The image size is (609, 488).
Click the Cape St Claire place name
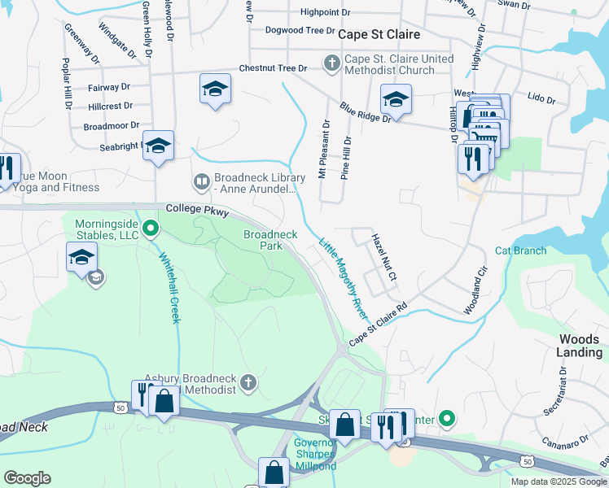coord(379,34)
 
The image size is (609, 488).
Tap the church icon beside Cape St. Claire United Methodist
coord(331,63)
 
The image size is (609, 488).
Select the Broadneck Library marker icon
coord(201,180)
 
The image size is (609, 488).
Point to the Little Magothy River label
coord(343,279)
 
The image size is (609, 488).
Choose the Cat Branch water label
coord(520,251)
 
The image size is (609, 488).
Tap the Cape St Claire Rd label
coord(378,327)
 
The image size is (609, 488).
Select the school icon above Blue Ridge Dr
coord(396,99)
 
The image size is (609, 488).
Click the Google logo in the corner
coord(27,478)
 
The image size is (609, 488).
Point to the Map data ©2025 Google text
coord(558,481)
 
